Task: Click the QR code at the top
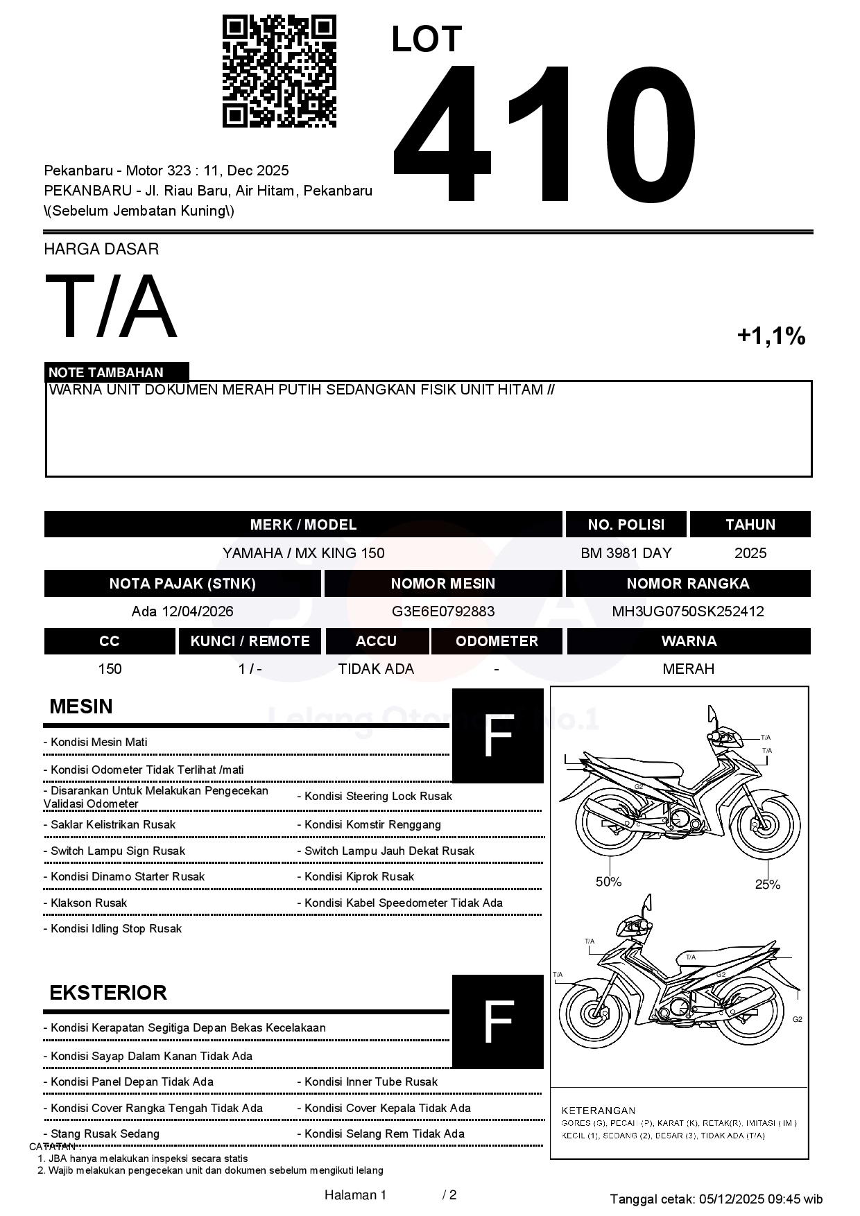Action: pos(279,71)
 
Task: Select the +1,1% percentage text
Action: pos(771,336)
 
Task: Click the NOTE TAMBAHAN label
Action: pos(106,372)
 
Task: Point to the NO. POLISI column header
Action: pos(626,525)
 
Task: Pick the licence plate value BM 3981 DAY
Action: pos(626,553)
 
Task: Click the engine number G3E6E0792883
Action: pos(443,611)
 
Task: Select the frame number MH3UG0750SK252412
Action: pos(687,611)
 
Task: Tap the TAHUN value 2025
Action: pos(750,553)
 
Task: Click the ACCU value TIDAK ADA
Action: pos(376,669)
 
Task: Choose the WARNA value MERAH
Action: pos(688,669)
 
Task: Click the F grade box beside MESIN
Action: pos(497,736)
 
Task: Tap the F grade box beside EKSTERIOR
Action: pos(497,1021)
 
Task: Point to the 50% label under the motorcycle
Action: pos(608,882)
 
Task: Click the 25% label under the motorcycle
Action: pos(767,884)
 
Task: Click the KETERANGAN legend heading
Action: pos(598,1110)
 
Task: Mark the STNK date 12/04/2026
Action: pos(198,611)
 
